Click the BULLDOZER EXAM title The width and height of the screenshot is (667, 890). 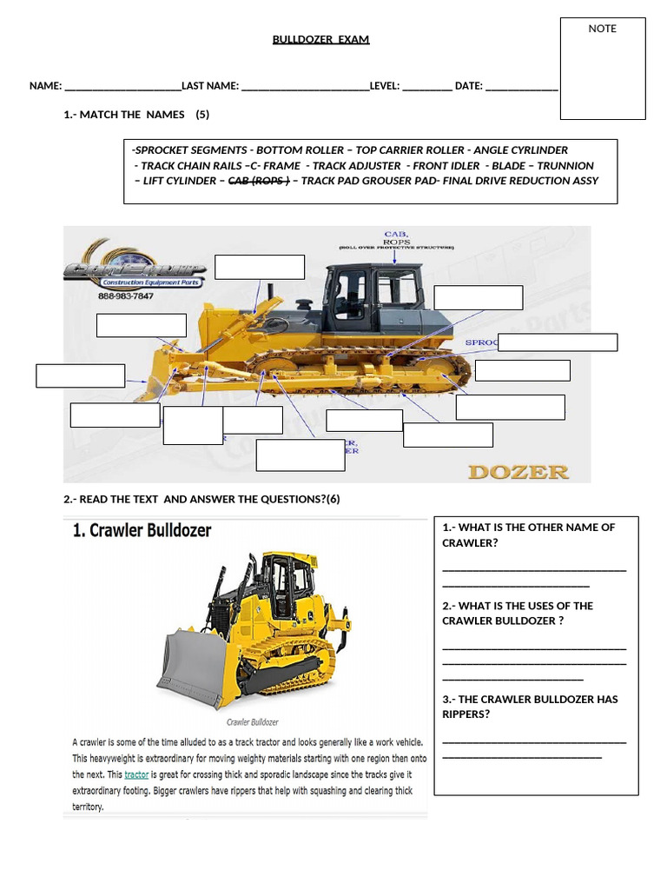320,40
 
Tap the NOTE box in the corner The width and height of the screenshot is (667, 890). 602,68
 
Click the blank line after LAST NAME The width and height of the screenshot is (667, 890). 304,86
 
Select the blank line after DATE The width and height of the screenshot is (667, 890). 521,86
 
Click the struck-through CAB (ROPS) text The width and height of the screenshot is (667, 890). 258,181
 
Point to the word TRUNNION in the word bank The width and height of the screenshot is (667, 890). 565,165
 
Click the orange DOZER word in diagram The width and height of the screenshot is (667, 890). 518,472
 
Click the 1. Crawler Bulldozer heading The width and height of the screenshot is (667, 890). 142,530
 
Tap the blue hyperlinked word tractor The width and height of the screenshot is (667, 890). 136,774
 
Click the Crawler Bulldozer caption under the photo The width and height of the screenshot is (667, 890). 252,722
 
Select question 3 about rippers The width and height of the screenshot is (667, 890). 530,707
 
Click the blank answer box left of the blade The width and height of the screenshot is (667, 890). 80,375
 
